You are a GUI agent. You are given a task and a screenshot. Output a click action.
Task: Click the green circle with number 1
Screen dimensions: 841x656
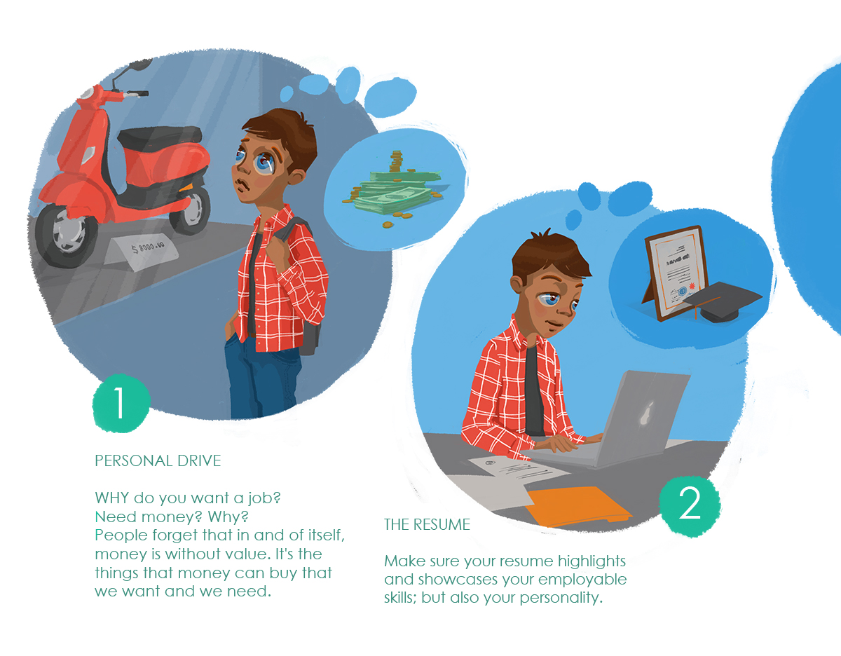(x=121, y=403)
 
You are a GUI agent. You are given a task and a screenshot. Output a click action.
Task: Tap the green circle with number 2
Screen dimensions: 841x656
(x=690, y=506)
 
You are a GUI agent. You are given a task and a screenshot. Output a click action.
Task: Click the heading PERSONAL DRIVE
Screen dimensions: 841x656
(x=158, y=460)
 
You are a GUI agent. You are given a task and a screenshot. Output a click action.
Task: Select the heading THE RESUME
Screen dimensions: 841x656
(x=427, y=524)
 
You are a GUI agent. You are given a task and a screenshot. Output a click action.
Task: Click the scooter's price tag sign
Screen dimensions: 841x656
(x=142, y=251)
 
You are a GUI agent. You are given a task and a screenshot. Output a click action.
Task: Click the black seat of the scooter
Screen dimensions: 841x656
(x=160, y=138)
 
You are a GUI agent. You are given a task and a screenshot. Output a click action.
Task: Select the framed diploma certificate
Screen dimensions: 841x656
(x=676, y=272)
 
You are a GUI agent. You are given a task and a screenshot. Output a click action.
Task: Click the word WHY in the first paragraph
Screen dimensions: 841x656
(x=112, y=498)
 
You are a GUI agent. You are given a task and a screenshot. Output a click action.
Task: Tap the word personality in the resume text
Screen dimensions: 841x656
(x=561, y=598)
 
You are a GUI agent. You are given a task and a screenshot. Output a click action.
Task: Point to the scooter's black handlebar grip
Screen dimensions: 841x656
(x=137, y=94)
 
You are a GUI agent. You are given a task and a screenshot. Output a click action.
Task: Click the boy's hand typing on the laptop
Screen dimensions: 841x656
(x=561, y=442)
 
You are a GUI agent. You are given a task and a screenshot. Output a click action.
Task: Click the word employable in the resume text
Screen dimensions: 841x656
(x=582, y=580)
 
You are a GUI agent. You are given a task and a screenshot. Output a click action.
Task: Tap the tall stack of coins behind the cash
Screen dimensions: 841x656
(x=395, y=161)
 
